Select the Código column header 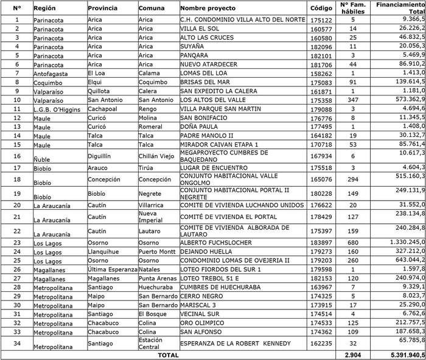321,9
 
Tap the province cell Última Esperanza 112,269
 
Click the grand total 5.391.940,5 399,355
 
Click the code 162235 321,344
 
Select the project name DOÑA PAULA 199,126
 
